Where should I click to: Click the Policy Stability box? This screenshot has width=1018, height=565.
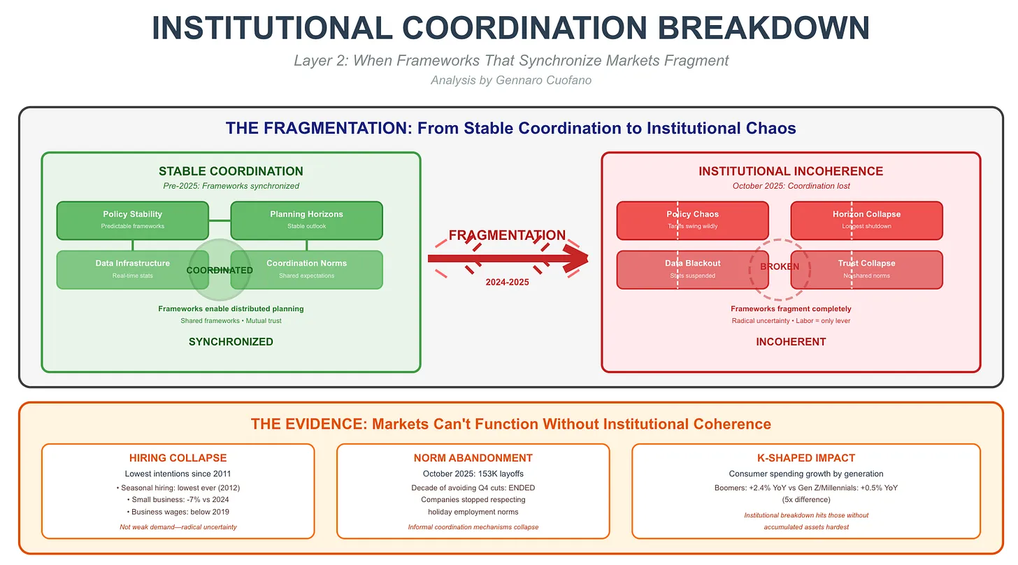coord(132,220)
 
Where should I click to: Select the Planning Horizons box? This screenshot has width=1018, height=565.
coord(306,220)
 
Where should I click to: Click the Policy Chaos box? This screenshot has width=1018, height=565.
coord(692,220)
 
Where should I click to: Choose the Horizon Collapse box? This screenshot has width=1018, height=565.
coord(866,220)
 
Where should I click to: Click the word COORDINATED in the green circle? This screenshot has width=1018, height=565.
coord(220,271)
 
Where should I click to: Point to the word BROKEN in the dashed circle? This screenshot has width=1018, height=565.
coord(779,267)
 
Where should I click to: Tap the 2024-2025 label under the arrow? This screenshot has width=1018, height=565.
coord(508,282)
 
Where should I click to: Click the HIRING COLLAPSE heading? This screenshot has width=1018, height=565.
coord(178,458)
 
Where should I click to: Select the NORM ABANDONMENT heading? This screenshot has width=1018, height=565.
coord(473,458)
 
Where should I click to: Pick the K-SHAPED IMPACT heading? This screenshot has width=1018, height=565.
coord(805,458)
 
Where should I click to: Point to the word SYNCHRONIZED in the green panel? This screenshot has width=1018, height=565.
coord(231,342)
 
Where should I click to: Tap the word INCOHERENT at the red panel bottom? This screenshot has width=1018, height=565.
coord(791,342)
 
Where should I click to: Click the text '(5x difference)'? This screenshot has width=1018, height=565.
coord(805,499)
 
